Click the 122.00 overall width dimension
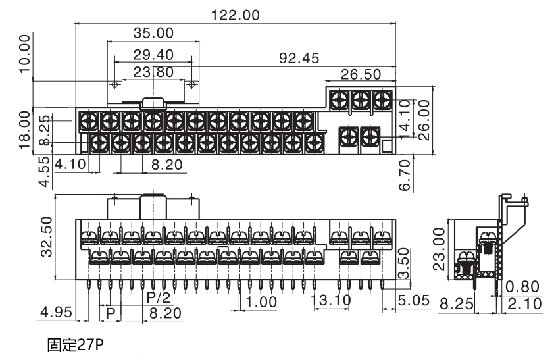236,15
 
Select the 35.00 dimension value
153,33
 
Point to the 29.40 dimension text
153,55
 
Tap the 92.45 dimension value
299,58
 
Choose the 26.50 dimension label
361,74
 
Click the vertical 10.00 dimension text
24,53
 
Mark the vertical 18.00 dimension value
24,130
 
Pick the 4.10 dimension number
70,164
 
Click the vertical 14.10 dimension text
404,120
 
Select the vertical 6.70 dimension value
405,175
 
